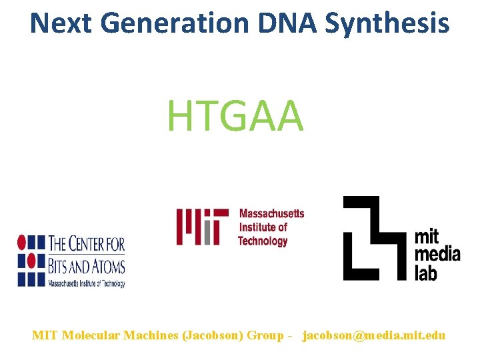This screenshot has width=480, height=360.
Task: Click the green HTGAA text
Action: (235, 115)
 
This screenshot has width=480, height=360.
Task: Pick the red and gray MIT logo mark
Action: (198, 227)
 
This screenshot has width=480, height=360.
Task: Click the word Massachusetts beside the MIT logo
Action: (271, 214)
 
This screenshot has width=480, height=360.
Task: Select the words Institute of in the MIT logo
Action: (263, 227)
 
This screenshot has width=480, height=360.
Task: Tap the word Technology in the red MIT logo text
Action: (263, 241)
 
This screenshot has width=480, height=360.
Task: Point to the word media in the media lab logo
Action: (437, 254)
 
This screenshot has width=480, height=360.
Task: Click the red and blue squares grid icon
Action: (31, 259)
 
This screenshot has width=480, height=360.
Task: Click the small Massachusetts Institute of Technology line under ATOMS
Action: (86, 283)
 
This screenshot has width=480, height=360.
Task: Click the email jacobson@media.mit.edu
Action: (374, 335)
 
